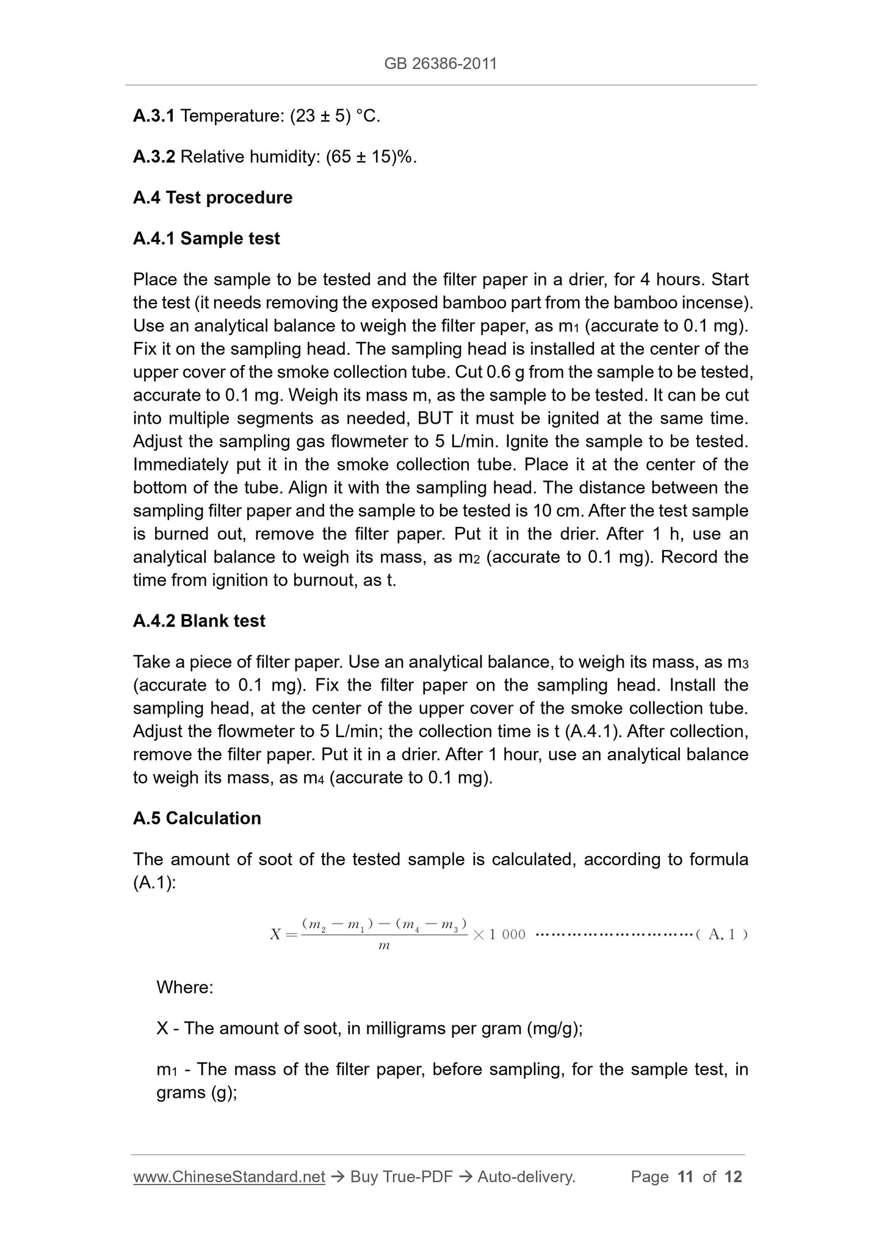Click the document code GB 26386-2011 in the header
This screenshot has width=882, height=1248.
[x=441, y=63]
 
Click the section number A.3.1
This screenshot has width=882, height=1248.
[x=154, y=115]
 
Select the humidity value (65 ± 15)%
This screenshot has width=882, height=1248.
[x=371, y=157]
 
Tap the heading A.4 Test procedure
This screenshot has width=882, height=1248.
[x=212, y=197]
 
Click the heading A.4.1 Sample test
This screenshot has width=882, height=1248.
[x=206, y=238]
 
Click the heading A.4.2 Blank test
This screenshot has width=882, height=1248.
[x=199, y=621]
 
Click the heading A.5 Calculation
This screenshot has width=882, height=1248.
[x=197, y=818]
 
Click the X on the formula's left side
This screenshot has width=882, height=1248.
[x=275, y=935]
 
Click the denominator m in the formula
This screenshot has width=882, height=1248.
[x=384, y=946]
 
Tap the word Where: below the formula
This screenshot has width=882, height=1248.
[x=185, y=987]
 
